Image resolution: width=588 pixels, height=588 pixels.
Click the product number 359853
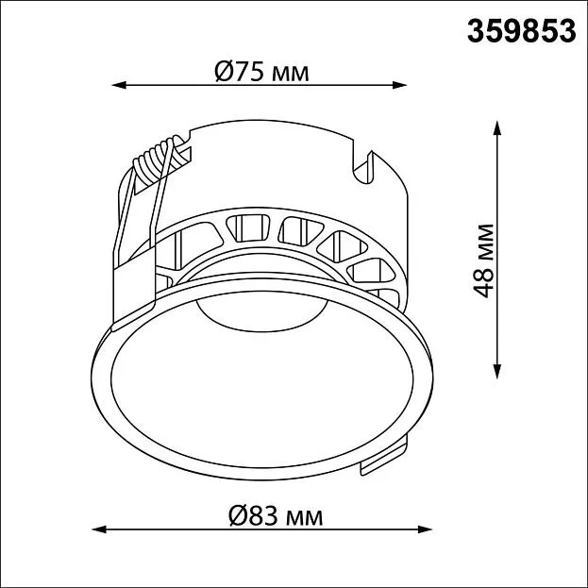(521, 31)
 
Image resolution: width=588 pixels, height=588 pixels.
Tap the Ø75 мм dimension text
(261, 72)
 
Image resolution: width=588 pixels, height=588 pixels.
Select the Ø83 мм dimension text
(276, 516)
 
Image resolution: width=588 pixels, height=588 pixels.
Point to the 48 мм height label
(482, 261)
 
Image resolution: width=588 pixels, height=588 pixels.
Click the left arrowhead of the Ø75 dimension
(119, 85)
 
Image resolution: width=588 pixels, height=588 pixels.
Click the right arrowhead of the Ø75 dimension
(400, 85)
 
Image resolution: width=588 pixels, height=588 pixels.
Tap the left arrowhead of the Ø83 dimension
(98, 529)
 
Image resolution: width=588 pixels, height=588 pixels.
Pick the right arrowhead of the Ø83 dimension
(425, 529)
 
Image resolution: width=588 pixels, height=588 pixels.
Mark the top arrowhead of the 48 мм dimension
(497, 127)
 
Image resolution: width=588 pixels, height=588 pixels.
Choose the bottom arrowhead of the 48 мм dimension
(497, 372)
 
